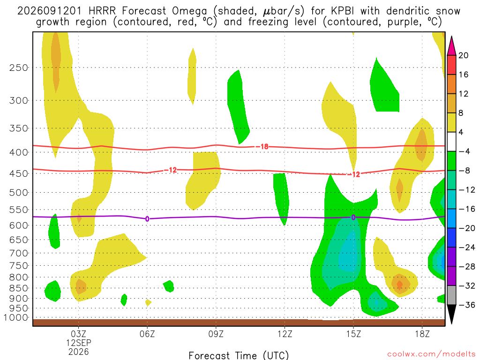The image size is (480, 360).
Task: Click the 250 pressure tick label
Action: pos(18,67)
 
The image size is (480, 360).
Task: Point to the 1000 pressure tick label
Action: pos(15,317)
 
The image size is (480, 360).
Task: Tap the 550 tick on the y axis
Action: pos(18,210)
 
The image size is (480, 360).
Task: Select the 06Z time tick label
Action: pos(147,334)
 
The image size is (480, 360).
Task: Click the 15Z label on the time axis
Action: pos(353,334)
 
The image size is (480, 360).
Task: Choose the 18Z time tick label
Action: pos(422,334)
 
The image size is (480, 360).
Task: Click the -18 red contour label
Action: pos(262,147)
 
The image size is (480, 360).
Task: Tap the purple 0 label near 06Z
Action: pos(147,219)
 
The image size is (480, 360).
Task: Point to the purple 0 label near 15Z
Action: pos(353,217)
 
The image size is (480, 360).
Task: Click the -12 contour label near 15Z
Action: pos(353,174)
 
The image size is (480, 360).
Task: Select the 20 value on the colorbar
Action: pos(463,55)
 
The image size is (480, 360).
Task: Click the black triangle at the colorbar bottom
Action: pos(451,314)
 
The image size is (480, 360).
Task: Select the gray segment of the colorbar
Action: pos(451,295)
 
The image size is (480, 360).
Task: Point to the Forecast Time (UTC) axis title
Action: pos(239,355)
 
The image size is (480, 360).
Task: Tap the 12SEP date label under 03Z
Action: pos(79,343)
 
